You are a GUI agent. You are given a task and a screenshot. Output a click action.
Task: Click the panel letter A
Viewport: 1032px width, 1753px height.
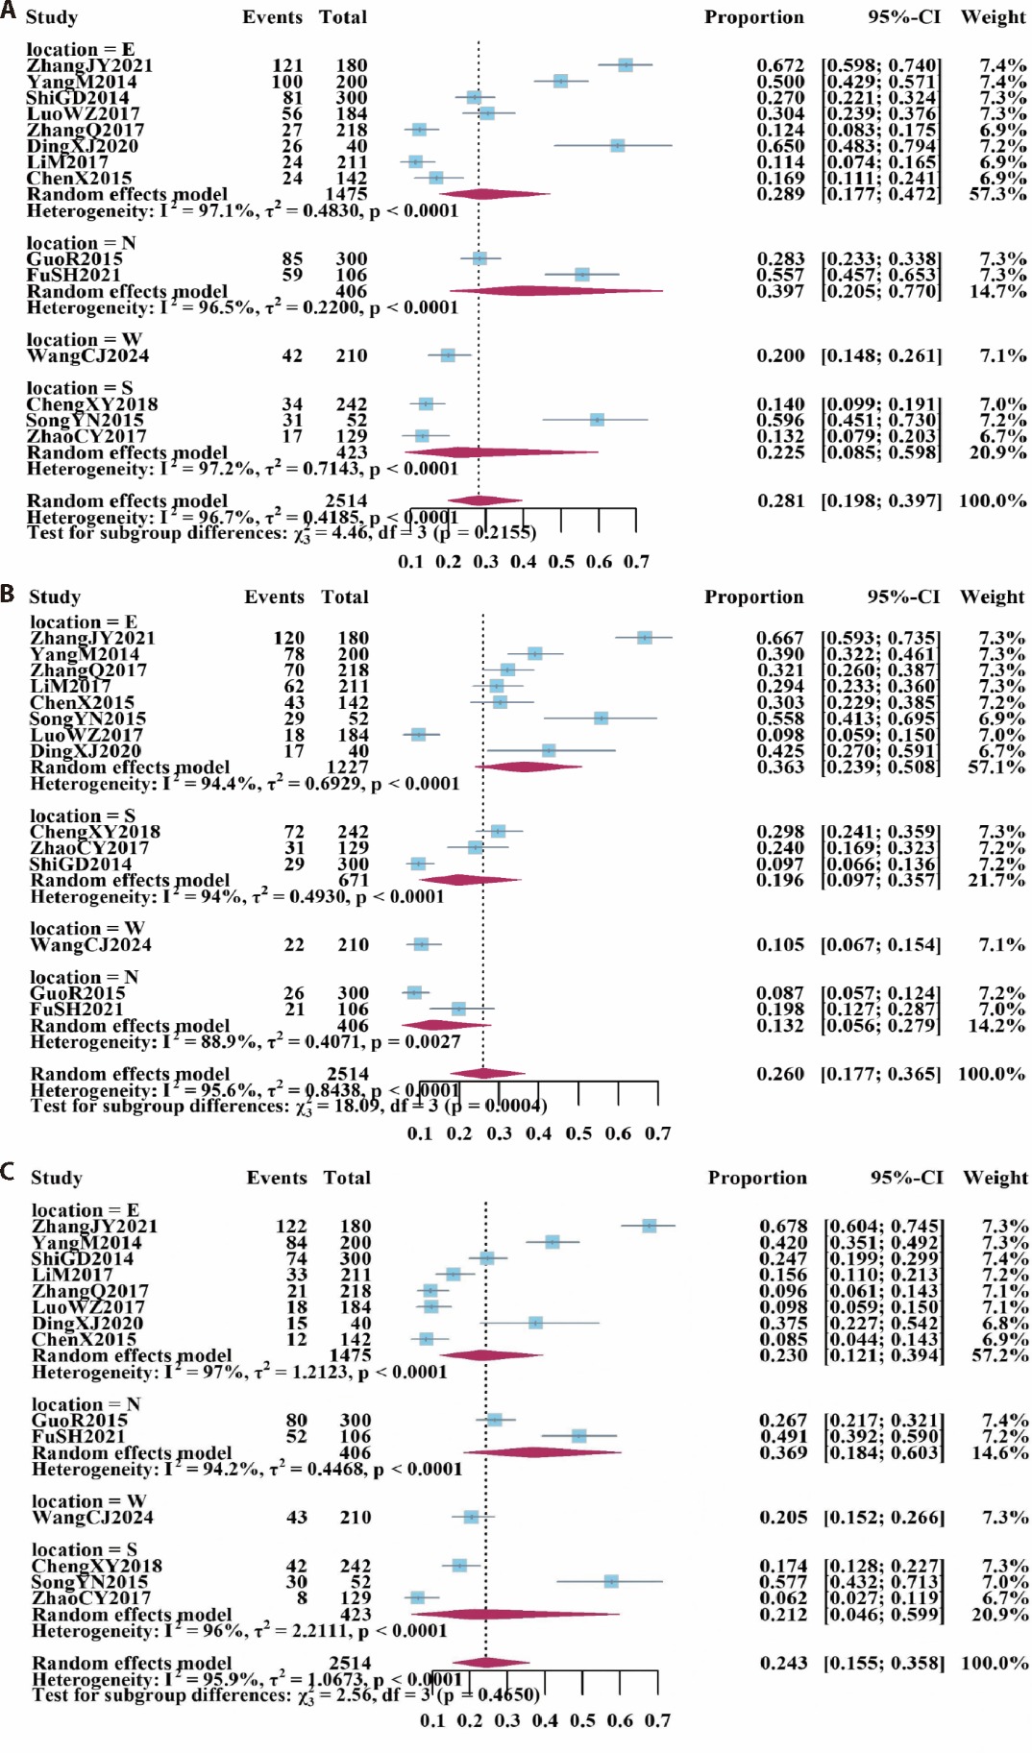point(9,14)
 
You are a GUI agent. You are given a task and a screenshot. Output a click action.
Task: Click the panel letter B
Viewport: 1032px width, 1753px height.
point(9,593)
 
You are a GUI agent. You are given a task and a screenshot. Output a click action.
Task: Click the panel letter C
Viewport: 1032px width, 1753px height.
point(9,1172)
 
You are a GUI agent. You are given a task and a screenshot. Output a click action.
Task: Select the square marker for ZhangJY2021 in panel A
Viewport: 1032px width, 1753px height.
point(626,65)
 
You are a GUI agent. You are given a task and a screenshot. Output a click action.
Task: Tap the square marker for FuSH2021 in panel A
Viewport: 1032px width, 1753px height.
point(581,275)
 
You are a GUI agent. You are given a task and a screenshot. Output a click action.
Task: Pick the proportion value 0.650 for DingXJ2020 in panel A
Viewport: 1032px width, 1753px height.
point(780,146)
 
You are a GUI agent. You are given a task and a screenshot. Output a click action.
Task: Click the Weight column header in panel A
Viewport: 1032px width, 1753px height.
point(994,17)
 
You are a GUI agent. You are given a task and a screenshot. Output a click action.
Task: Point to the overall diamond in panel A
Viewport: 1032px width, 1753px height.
point(484,500)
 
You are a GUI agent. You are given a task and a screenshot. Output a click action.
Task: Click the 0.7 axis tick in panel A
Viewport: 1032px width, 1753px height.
point(636,562)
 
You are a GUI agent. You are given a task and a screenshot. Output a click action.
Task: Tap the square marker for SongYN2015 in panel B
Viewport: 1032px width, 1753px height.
point(601,718)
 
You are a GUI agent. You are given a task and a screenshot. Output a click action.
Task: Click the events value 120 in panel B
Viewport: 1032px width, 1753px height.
point(288,639)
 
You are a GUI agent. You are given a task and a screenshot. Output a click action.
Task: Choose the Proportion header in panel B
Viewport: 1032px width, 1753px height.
point(753,597)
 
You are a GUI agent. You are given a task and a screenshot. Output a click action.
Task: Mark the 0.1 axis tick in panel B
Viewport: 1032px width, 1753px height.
point(420,1133)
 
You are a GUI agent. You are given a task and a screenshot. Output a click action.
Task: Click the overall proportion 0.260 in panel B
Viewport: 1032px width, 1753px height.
point(780,1074)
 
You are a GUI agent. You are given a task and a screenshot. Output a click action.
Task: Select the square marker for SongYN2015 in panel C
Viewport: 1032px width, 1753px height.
point(611,1581)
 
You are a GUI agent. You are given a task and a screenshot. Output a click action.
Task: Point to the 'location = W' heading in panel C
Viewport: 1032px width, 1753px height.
point(88,1501)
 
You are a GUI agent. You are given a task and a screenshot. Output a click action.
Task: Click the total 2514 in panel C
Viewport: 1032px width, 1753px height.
point(350,1663)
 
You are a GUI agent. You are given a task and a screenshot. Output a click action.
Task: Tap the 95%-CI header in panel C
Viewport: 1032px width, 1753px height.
point(907,1178)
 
